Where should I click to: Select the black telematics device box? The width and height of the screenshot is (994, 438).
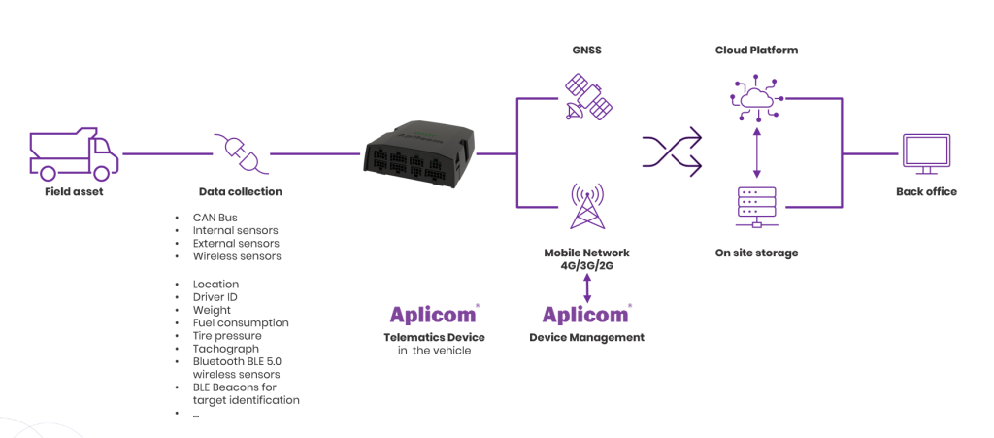click(x=418, y=154)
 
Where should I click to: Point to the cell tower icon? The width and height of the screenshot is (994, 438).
click(x=586, y=206)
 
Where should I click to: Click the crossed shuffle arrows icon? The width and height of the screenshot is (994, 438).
click(x=672, y=150)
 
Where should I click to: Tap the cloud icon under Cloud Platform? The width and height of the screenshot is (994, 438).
click(x=755, y=98)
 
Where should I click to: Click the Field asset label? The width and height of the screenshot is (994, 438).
click(x=74, y=191)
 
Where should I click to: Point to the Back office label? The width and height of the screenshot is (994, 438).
click(x=926, y=191)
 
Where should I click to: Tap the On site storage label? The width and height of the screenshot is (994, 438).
click(x=755, y=253)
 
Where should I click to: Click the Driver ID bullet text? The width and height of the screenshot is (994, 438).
click(x=215, y=296)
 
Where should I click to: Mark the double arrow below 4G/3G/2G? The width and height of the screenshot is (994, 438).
click(x=587, y=289)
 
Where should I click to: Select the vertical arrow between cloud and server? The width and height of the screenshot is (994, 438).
click(x=755, y=153)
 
